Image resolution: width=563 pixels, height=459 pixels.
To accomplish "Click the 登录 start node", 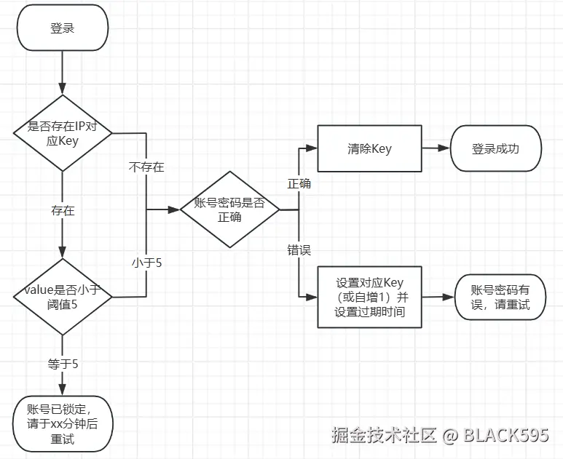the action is tap(63, 28).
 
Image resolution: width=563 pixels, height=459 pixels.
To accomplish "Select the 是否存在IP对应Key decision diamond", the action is tap(63, 133).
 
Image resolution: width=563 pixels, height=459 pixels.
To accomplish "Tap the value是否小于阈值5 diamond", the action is tap(63, 297).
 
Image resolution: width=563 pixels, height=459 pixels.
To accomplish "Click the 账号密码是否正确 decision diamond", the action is tap(230, 209).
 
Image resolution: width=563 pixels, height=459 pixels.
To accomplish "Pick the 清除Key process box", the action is tap(369, 148).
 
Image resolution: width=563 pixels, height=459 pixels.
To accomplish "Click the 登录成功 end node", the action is tap(496, 148).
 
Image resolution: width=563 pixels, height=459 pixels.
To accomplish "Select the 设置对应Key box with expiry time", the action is tap(369, 297).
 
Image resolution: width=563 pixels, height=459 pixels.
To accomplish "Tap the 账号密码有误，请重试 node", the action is tap(500, 297).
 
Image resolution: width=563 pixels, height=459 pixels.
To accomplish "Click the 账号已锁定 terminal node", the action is tap(63, 424).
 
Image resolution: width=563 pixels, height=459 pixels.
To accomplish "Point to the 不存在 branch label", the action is tap(146, 167).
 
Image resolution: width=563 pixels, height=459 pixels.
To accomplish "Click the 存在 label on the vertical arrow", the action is tap(63, 210).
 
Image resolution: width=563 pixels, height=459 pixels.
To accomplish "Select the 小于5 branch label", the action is tap(147, 263).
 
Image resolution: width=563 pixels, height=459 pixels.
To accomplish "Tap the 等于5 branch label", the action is tap(63, 364).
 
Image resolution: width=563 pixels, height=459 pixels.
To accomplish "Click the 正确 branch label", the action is tap(299, 183).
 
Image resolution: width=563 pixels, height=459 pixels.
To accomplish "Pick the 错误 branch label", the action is tap(299, 250).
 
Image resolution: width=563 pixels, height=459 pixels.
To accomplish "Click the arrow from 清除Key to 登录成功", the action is tap(436, 148).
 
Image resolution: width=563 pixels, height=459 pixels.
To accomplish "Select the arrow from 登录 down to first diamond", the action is tap(63, 73).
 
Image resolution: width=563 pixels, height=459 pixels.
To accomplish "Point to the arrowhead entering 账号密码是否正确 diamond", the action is tap(174, 209).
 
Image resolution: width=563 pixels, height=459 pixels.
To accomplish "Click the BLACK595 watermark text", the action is tap(506, 434).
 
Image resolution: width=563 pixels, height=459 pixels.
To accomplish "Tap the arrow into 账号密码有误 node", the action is tap(438, 297).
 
